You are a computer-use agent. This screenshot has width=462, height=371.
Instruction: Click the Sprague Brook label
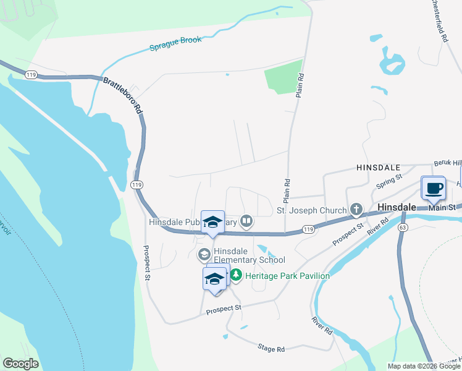(176, 44)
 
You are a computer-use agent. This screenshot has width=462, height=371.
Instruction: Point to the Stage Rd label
(271, 349)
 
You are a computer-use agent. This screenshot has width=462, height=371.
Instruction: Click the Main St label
(442, 207)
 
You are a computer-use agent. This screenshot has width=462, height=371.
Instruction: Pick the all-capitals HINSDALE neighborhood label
(379, 168)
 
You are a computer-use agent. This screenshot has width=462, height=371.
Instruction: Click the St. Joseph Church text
(311, 210)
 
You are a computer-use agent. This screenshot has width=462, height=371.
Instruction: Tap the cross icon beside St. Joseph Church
(356, 210)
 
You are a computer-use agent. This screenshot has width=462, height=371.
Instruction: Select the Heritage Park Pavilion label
(287, 276)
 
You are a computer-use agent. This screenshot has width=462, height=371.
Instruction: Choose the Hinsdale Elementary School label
(250, 255)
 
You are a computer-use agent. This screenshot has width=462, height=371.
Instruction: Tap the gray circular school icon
(204, 254)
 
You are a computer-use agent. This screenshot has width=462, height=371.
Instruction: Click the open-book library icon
(246, 221)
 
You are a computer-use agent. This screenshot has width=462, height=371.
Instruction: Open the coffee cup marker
(433, 188)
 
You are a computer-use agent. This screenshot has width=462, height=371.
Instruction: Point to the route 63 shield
(403, 227)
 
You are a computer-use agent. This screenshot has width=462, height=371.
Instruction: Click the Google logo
(20, 364)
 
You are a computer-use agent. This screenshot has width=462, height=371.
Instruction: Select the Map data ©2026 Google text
(424, 366)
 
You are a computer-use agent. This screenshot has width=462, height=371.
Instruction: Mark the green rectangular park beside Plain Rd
(284, 78)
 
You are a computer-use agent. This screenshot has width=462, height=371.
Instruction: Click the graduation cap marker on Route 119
(212, 222)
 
